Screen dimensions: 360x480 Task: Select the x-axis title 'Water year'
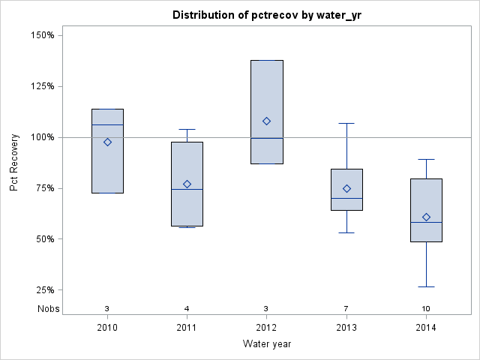(x=267, y=344)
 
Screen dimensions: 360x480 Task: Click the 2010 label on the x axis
(x=107, y=328)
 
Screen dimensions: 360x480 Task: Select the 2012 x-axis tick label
(x=266, y=328)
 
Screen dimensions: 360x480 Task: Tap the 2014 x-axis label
(x=426, y=328)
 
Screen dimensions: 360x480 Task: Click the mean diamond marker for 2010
(x=107, y=142)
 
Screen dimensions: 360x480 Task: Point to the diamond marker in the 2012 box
(x=266, y=121)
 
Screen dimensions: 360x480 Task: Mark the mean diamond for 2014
(x=426, y=217)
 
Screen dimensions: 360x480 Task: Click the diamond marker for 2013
(x=346, y=188)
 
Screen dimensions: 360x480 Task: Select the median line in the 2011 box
(x=187, y=189)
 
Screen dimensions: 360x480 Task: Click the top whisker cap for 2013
(x=346, y=123)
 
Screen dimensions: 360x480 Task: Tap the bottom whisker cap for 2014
(x=426, y=286)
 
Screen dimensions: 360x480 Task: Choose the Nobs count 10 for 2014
(x=426, y=309)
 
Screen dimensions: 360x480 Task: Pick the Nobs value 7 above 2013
(x=346, y=309)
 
